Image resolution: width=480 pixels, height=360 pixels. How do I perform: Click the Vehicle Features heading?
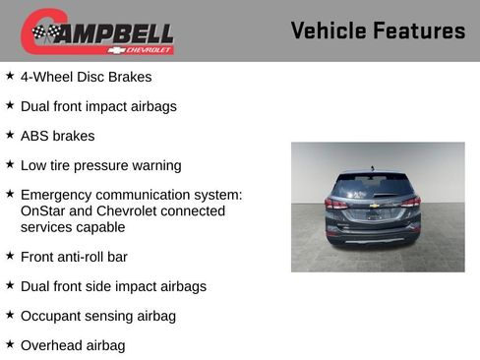(x=378, y=31)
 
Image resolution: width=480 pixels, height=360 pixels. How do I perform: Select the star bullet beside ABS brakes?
(x=10, y=134)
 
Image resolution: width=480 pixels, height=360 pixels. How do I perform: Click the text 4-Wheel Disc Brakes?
(x=86, y=76)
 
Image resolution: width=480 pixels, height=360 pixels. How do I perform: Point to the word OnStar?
(x=42, y=211)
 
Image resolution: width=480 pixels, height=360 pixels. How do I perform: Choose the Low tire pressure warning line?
(x=100, y=165)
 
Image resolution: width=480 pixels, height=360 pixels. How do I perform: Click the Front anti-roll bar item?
(x=74, y=257)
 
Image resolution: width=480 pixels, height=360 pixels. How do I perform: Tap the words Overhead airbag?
(x=73, y=345)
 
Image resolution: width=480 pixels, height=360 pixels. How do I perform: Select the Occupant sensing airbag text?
(x=98, y=316)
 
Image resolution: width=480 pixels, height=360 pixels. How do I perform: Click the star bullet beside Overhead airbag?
(x=10, y=343)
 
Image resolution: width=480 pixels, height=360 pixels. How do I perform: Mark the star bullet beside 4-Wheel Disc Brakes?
(x=10, y=74)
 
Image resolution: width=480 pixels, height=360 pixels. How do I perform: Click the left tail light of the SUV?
(x=337, y=204)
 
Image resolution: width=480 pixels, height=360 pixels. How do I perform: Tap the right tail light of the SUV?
(x=410, y=203)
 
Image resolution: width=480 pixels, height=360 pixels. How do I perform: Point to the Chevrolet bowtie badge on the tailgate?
(x=375, y=206)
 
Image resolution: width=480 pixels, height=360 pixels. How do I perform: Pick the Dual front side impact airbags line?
(x=113, y=286)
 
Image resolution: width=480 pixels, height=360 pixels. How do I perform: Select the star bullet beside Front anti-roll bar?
(x=10, y=255)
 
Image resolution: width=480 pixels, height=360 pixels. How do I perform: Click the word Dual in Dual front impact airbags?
(x=36, y=105)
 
